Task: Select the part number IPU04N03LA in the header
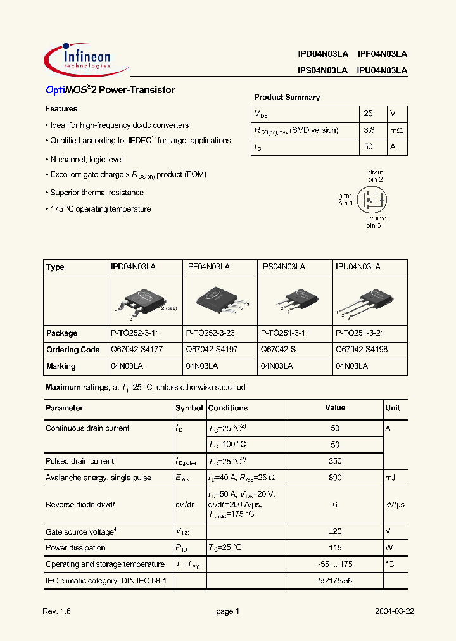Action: click(x=383, y=72)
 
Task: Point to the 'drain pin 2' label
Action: click(x=375, y=175)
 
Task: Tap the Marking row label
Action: click(x=61, y=366)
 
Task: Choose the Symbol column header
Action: click(x=189, y=409)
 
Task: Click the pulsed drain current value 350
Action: click(x=335, y=462)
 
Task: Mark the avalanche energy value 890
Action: click(x=335, y=478)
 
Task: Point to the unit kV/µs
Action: click(x=396, y=505)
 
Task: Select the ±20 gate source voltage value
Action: click(x=335, y=531)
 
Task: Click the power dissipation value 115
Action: click(x=335, y=548)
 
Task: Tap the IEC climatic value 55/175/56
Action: click(x=335, y=580)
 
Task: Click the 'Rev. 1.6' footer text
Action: click(x=56, y=612)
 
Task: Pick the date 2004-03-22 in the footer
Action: click(x=394, y=612)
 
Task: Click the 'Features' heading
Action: click(x=61, y=109)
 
